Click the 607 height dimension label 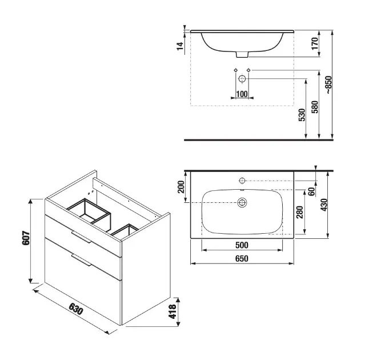pos(26,238)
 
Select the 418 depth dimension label pos(173,311)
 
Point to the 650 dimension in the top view pos(242,258)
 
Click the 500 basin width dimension pos(242,245)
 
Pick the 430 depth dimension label pos(324,205)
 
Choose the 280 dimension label pos(300,212)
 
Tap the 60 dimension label pos(312,191)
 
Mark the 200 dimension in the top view pos(181,187)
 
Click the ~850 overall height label pos(328,85)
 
